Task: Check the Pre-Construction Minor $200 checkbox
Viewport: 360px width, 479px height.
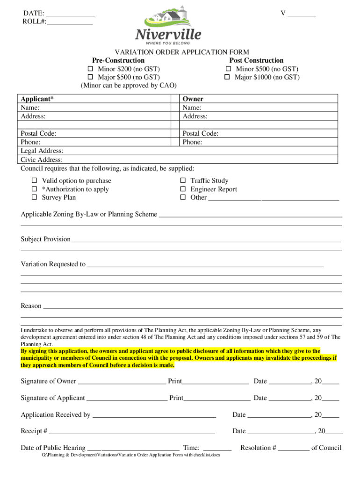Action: (x=91, y=69)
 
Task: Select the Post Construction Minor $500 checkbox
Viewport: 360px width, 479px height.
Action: (x=228, y=69)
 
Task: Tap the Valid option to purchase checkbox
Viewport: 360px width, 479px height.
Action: (x=34, y=181)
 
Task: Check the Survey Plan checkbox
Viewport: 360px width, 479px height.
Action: (x=34, y=197)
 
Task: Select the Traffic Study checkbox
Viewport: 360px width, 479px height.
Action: (x=183, y=181)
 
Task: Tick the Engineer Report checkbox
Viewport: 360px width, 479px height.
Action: (x=183, y=189)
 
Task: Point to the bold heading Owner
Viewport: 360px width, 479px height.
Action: (x=193, y=99)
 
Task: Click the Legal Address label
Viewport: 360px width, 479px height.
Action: (x=42, y=151)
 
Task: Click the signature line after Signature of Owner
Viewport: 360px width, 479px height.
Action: (x=122, y=382)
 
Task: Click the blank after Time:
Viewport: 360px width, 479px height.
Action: (x=218, y=448)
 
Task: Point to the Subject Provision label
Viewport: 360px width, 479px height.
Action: (x=45, y=239)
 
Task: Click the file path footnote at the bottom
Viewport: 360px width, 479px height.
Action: (x=131, y=455)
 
